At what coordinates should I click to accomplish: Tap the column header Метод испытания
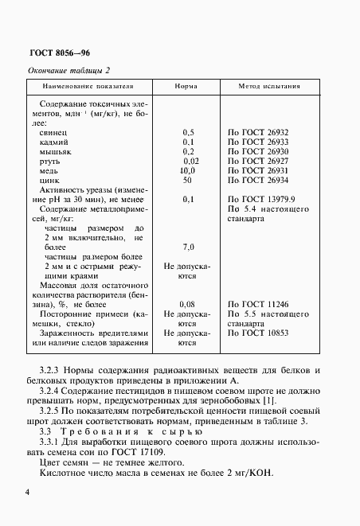coord(270,85)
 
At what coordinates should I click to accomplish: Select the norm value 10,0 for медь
coord(187,170)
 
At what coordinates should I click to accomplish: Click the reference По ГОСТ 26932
coord(258,132)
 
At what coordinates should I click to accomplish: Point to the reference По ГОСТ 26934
coord(258,180)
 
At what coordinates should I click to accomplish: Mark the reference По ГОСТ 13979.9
coord(261,199)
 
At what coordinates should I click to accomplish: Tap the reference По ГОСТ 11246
coord(258,304)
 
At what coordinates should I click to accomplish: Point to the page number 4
coord(28,494)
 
